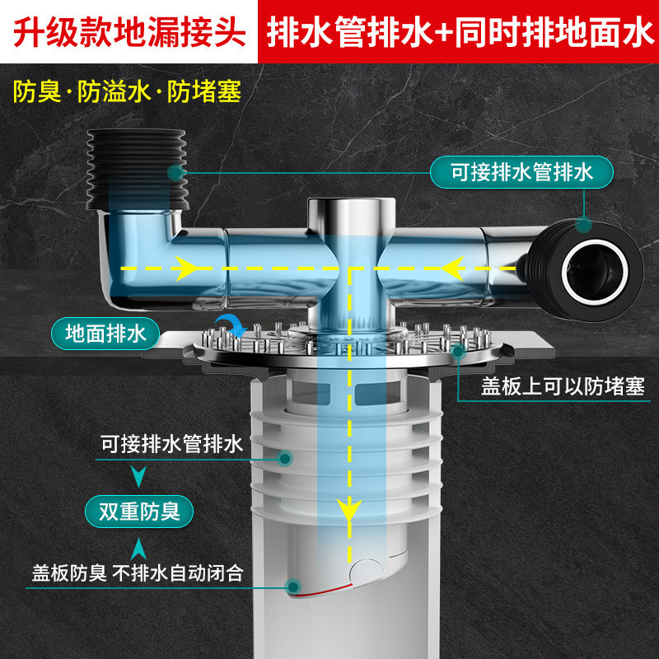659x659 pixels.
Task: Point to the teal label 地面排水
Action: pos(105,333)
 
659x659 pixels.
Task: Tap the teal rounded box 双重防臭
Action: pos(139,512)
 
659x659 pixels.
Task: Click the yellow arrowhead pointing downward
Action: pos(349,507)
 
